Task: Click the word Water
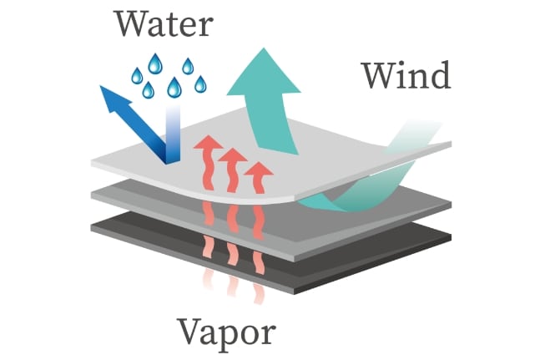[164, 24]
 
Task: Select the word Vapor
[226, 333]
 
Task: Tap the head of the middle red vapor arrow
[233, 158]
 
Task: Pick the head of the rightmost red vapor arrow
[261, 172]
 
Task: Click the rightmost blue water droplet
[200, 84]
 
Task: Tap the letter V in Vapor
[189, 332]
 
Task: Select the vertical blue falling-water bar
[173, 134]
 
